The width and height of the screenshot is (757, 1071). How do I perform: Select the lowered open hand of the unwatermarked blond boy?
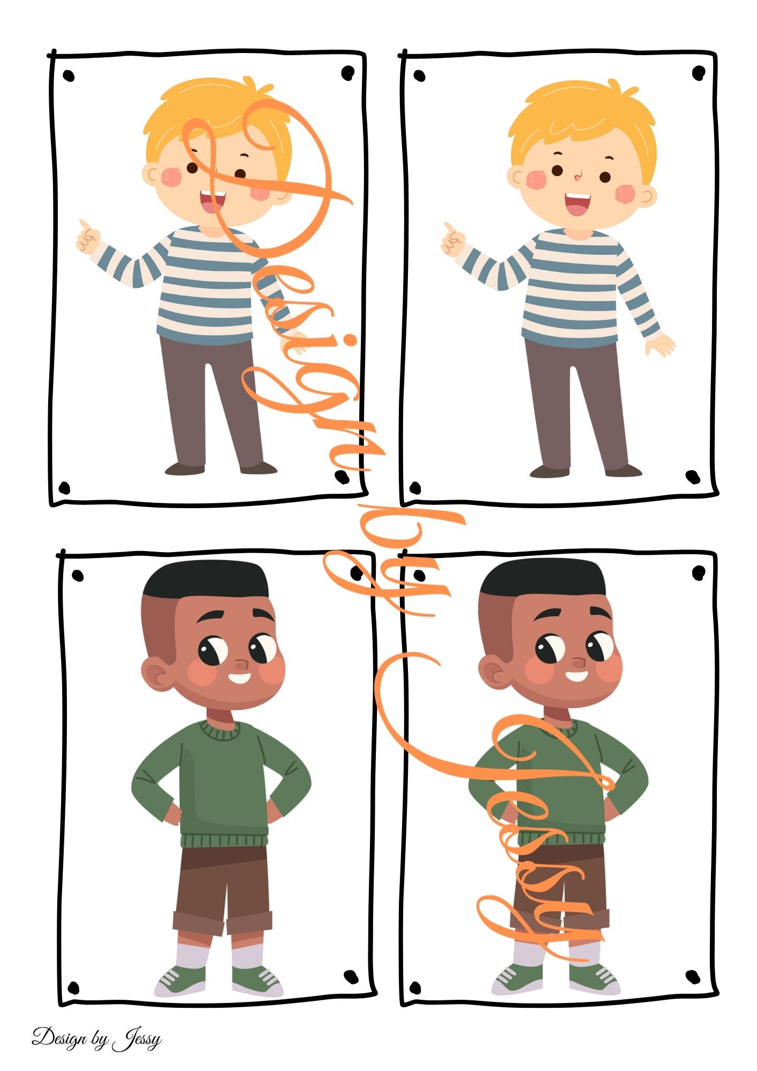pyautogui.click(x=661, y=345)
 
